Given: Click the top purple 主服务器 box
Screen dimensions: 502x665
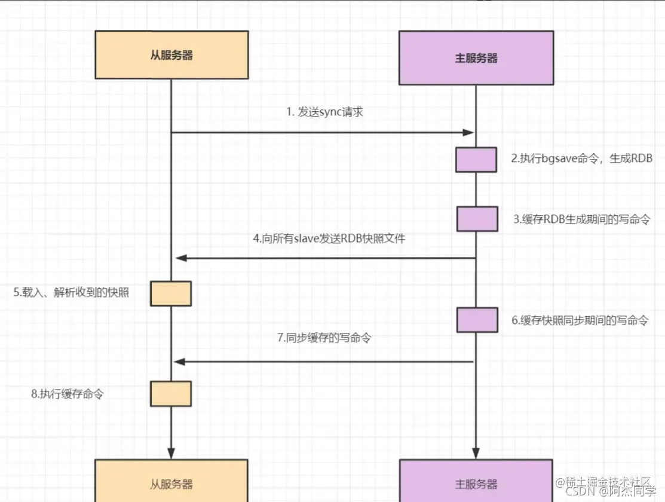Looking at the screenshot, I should point(476,58).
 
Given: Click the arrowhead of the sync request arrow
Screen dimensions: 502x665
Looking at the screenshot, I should point(469,132).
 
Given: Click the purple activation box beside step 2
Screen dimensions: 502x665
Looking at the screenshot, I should point(476,160).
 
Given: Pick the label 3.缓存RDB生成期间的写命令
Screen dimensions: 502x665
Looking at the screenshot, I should point(581,219).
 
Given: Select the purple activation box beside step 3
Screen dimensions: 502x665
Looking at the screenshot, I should point(477,219).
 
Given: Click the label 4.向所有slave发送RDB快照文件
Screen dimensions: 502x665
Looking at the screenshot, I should point(329,238).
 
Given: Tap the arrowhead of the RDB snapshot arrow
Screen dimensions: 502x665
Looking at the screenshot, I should point(180,258).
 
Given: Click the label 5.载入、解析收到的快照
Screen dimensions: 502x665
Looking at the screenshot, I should point(72,293).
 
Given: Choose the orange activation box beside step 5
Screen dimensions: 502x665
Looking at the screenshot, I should point(171,293).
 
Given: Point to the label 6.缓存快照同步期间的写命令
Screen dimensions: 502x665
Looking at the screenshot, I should point(580,320).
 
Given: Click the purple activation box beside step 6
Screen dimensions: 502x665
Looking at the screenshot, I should point(477,320).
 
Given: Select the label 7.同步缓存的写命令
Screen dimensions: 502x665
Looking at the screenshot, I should point(324,338).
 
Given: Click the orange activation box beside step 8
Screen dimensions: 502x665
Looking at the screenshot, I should point(171,394).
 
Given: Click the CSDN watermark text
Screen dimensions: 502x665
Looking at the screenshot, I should point(609,492).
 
